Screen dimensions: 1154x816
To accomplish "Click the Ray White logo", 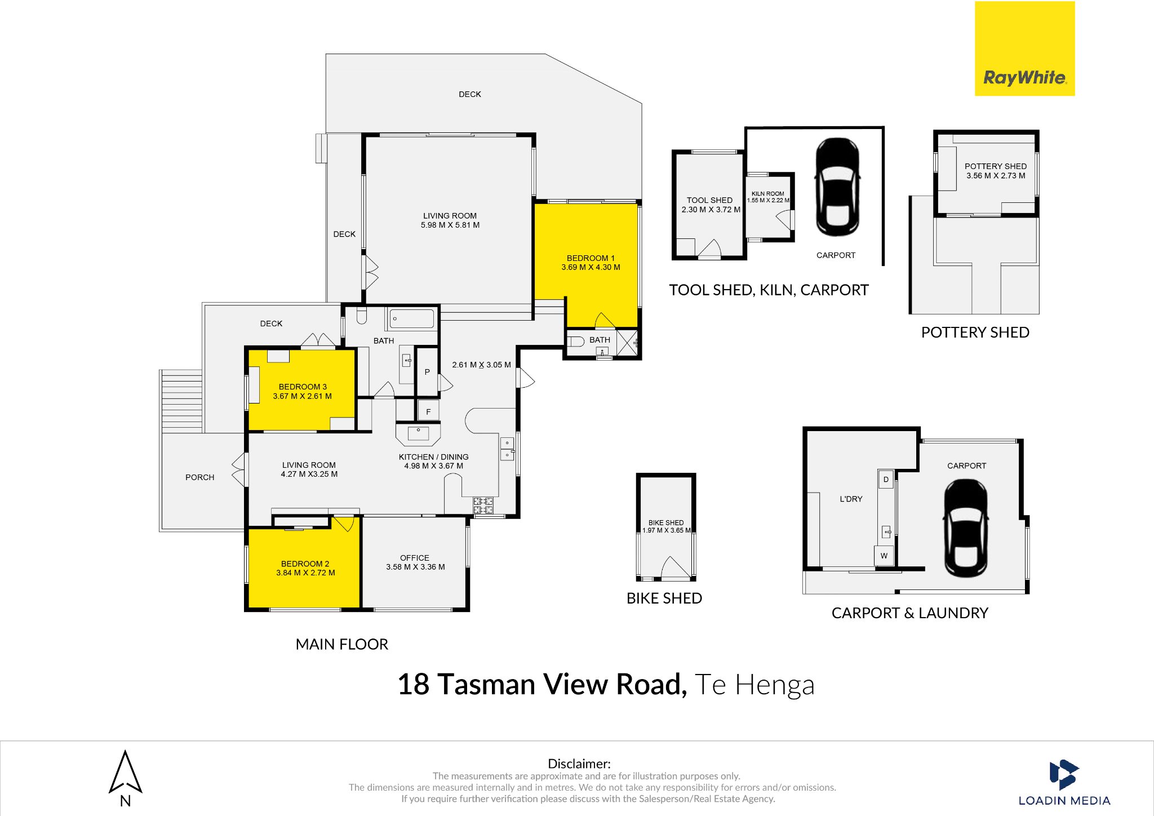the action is pos(1024,48).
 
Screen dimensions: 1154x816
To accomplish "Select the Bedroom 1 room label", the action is pos(591,258).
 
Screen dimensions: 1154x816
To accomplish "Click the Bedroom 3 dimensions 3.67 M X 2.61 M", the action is pos(302,396).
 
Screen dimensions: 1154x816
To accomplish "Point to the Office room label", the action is pos(415,558).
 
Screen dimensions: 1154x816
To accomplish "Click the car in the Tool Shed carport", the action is pos(838,187).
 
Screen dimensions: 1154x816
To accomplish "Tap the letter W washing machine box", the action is pos(884,556).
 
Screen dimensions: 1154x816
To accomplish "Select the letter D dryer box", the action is pos(886,480).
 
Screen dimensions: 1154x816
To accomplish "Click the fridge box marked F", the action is pos(428,411).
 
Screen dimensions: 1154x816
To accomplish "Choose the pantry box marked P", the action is pos(427,372).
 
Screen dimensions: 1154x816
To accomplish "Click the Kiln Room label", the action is pos(767,193).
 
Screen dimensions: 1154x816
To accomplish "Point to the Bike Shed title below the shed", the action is pos(664,598).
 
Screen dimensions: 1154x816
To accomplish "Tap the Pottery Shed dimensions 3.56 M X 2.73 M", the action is pos(996,176).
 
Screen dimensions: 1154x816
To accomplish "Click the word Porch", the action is pos(200,477).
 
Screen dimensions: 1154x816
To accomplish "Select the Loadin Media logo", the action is pos(1064,783).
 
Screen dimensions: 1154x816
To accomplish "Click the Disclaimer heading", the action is pos(579,764).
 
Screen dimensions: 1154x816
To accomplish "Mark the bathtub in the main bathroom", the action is pos(412,318).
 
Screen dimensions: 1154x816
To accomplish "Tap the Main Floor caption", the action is pos(342,644).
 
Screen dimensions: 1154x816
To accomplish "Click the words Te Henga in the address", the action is pos(754,685).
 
